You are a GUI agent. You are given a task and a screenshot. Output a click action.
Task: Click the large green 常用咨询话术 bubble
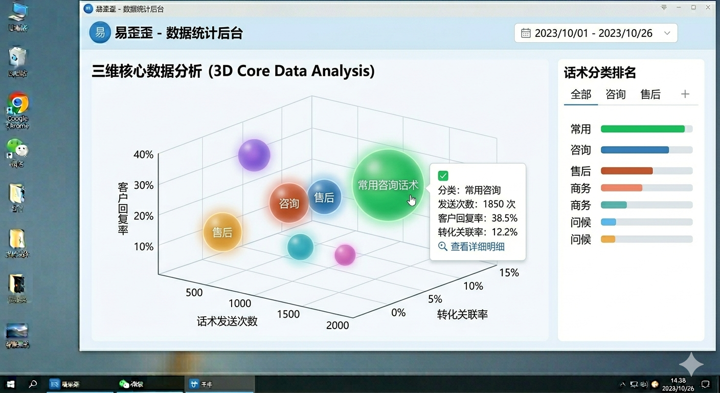click(x=388, y=185)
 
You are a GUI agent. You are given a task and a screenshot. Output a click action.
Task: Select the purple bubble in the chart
click(x=254, y=155)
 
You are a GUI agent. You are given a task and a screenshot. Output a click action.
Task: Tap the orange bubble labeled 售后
click(x=222, y=232)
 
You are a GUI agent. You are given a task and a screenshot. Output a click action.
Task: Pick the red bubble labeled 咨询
click(x=289, y=203)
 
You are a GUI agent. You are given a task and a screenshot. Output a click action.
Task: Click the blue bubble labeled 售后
click(x=324, y=197)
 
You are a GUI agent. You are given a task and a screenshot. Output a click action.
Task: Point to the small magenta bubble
click(x=345, y=255)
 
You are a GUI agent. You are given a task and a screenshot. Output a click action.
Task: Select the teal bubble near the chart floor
click(x=300, y=247)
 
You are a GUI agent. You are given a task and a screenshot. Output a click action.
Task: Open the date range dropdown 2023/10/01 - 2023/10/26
click(x=596, y=33)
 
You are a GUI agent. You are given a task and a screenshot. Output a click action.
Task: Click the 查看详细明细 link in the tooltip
click(x=477, y=247)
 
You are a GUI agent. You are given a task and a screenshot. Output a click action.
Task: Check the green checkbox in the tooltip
click(x=443, y=176)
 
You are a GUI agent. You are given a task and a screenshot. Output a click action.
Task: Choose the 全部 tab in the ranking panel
click(x=581, y=95)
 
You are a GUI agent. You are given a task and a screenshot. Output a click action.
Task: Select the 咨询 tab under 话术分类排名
click(x=616, y=95)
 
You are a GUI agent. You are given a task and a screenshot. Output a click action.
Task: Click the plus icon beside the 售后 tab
click(x=685, y=94)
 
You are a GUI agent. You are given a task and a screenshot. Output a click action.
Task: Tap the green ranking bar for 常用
click(x=643, y=129)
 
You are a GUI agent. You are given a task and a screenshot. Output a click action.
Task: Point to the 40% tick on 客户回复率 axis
click(x=143, y=155)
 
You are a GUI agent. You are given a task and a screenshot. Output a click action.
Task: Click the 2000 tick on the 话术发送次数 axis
click(x=337, y=325)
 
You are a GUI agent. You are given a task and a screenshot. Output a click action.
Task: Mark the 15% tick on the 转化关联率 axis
click(x=509, y=273)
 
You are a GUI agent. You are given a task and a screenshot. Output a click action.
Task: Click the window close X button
click(x=708, y=7)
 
